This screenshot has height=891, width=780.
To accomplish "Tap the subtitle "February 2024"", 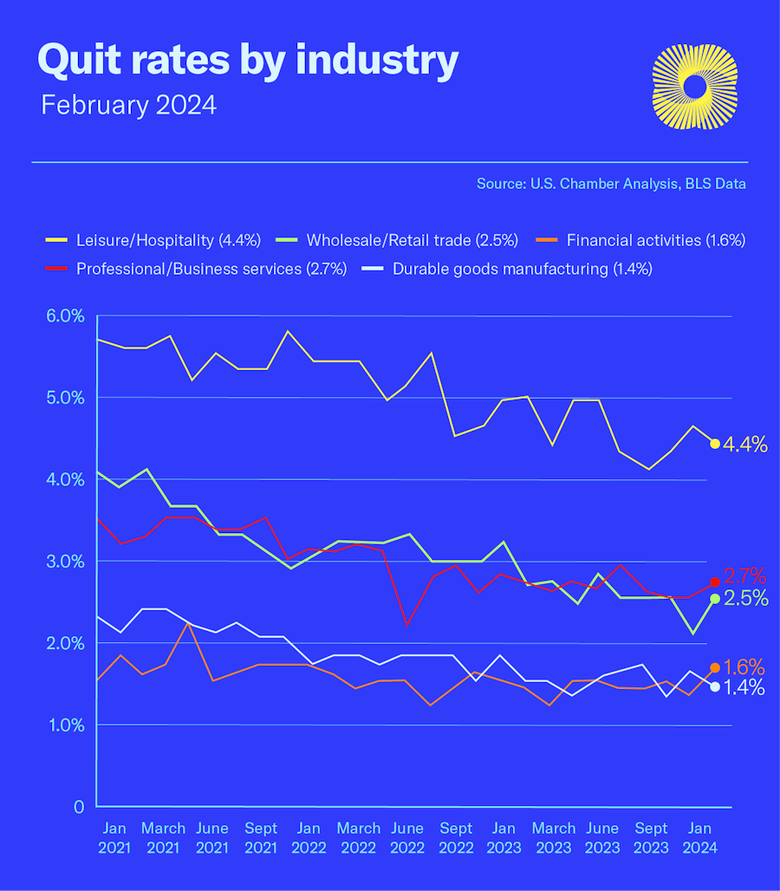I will click(128, 106).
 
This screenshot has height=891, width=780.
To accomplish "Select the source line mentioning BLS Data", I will click(611, 184).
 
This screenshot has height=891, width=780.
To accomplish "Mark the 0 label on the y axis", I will click(78, 807).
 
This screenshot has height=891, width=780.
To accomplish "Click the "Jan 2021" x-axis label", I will click(114, 838).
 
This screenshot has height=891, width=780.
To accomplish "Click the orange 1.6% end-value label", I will click(744, 667).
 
